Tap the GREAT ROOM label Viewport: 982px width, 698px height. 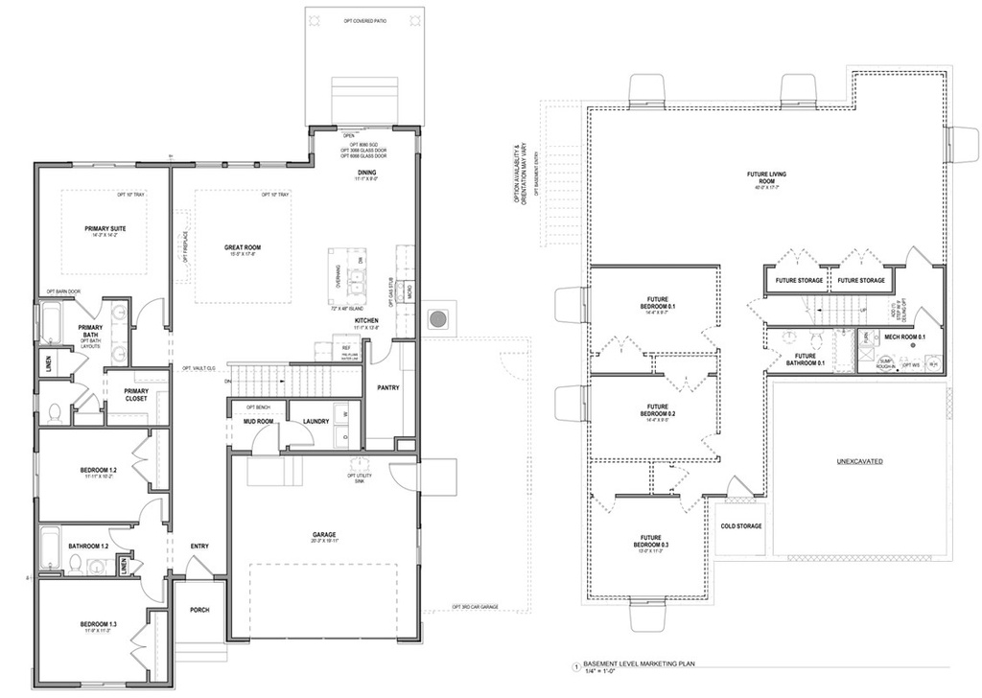click(243, 247)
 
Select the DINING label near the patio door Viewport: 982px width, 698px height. click(367, 172)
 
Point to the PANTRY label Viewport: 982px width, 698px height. click(387, 388)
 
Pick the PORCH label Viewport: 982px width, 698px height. click(199, 610)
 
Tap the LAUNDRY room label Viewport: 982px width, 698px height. click(316, 421)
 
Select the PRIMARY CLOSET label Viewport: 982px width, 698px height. click(135, 394)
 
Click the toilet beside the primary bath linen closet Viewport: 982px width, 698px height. click(55, 412)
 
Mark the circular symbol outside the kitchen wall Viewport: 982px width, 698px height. click(438, 317)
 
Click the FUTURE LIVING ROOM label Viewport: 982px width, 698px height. click(763, 177)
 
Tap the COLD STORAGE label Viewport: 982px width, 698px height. click(740, 525)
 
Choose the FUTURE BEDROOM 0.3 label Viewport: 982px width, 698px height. click(652, 542)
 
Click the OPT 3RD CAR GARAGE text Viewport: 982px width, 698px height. click(475, 607)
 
